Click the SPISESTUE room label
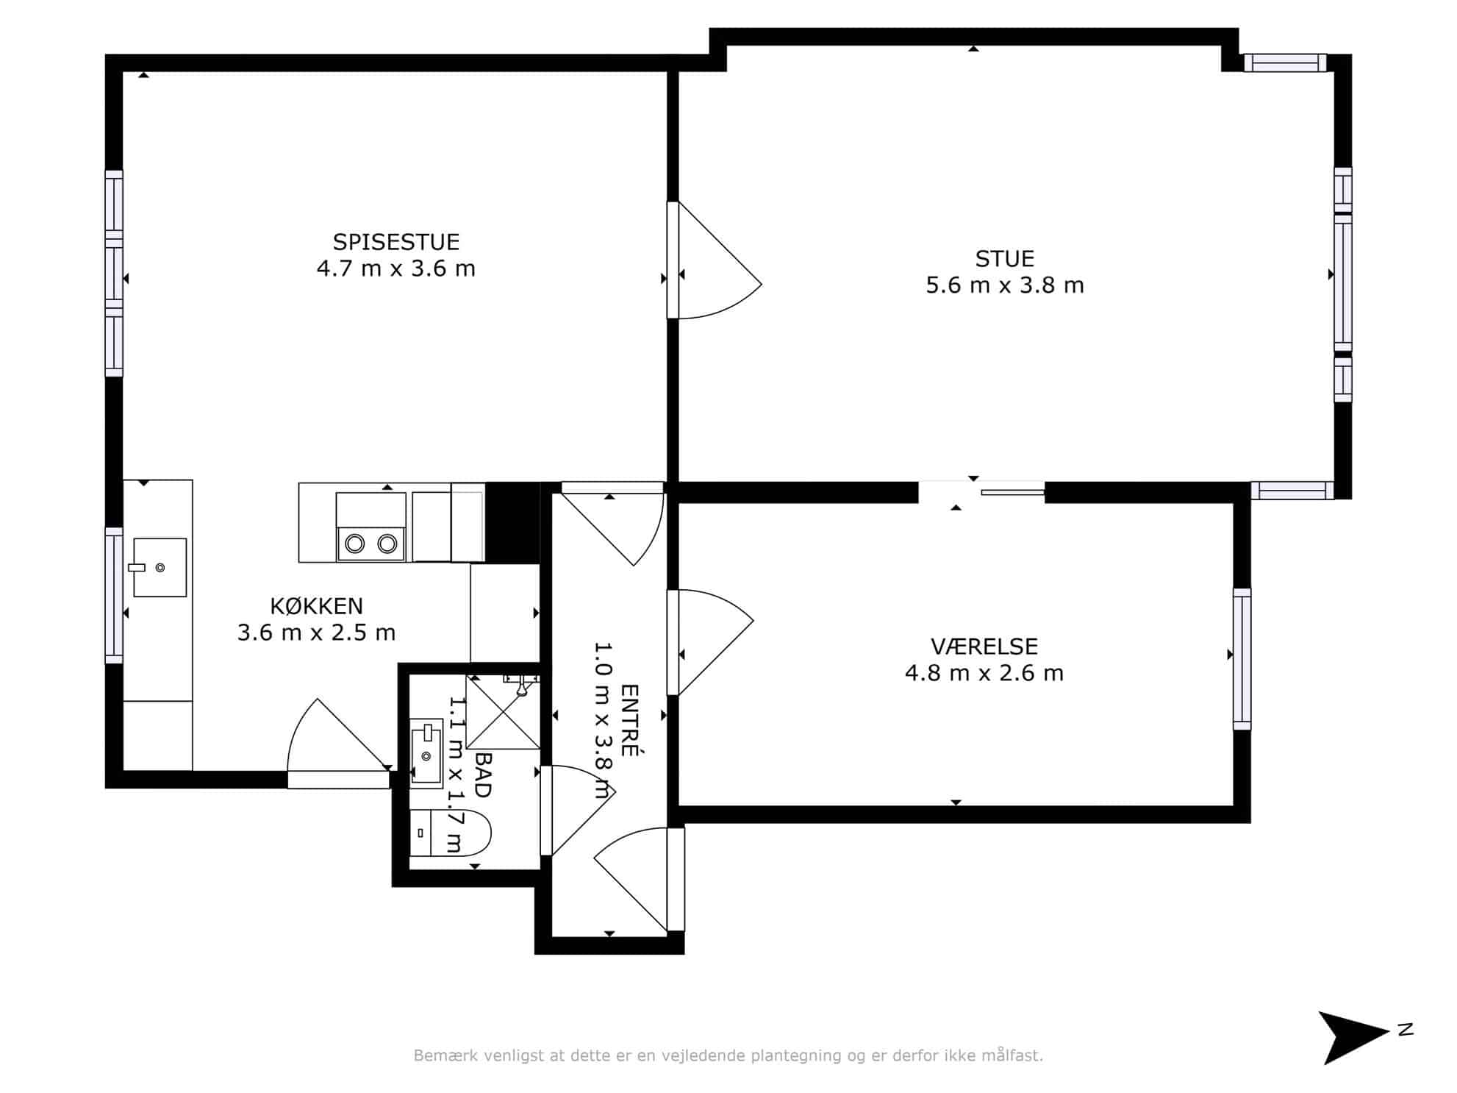[x=396, y=242]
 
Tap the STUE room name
[x=1004, y=259]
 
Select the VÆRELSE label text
[x=984, y=647]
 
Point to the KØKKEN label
[x=317, y=606]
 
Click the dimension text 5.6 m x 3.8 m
[x=1004, y=285]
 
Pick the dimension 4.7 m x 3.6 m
[x=396, y=268]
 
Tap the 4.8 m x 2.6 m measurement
[x=984, y=673]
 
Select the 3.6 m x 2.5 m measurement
[x=317, y=633]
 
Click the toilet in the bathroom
[x=449, y=833]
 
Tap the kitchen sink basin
[x=160, y=567]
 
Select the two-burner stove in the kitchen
[x=370, y=527]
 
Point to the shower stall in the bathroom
[x=504, y=712]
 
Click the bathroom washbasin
[x=426, y=753]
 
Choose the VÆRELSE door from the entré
[x=709, y=642]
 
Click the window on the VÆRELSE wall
[x=1242, y=659]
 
